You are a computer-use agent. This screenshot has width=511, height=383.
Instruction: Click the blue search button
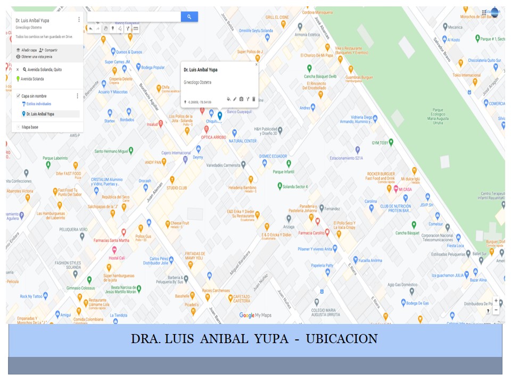(189, 17)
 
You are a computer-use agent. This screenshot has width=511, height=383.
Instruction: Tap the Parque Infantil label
(283, 172)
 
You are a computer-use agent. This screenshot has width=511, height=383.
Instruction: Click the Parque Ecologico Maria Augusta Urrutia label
(435, 118)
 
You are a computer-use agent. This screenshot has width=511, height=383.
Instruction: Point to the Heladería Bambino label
(242, 188)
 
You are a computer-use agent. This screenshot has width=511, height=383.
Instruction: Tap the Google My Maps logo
(255, 315)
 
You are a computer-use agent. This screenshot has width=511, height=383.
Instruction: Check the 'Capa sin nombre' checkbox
(18, 96)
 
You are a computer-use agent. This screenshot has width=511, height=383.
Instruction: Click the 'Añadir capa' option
(29, 50)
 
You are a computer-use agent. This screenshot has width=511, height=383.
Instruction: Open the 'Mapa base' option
(30, 127)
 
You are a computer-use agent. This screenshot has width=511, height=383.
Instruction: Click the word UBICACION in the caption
(341, 339)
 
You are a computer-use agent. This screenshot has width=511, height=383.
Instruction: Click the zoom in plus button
(496, 301)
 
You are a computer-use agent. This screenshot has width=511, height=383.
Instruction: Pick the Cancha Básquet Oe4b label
(320, 76)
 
